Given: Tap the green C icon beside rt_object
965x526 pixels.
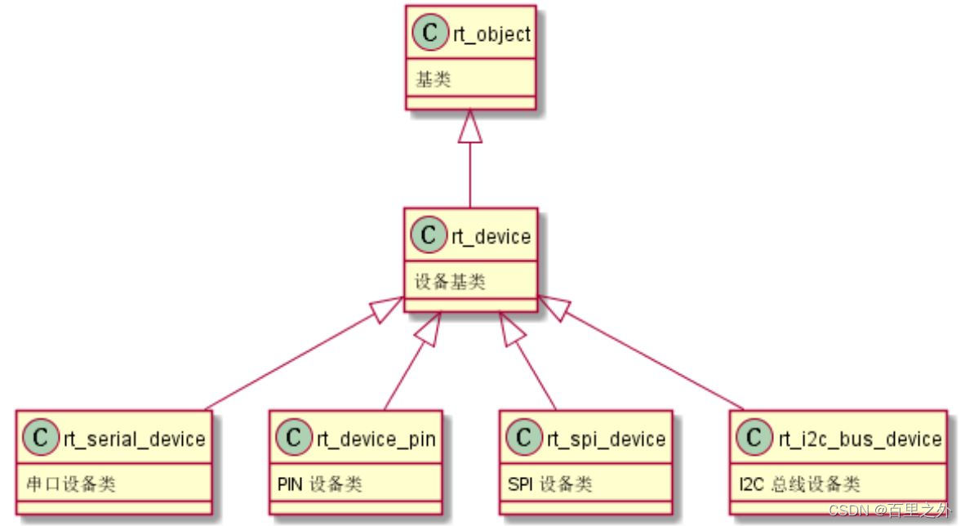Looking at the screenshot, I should (431, 35).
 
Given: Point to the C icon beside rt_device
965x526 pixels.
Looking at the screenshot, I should (431, 237).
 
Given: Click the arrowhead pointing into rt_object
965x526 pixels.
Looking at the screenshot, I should (470, 126).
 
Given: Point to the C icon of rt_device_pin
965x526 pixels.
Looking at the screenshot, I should (294, 439).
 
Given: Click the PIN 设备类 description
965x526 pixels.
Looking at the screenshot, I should (318, 484).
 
